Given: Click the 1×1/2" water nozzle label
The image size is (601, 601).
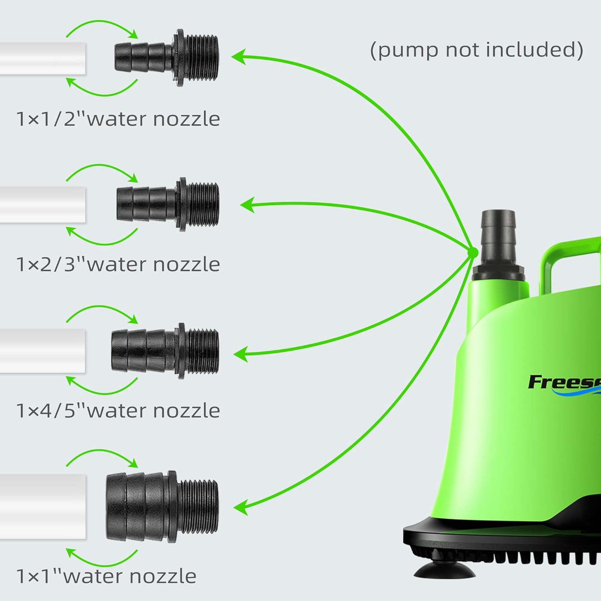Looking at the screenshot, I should [118, 119].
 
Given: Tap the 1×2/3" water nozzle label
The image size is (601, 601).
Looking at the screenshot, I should [118, 264].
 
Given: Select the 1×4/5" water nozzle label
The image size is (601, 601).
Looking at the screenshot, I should [118, 411].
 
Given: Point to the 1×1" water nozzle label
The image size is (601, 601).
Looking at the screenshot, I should [107, 576].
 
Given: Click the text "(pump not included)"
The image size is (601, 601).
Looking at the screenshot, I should [476, 50].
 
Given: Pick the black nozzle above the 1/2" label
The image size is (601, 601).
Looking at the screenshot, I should [166, 58].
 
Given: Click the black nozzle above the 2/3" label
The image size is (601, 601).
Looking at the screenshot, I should [167, 204].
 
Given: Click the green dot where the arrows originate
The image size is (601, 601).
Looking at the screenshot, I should [473, 252].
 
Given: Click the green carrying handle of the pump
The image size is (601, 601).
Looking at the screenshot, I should [569, 256].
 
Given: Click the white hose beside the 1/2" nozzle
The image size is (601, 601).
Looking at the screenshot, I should [42, 58].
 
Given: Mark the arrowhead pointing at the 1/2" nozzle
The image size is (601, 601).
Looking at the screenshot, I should [238, 57].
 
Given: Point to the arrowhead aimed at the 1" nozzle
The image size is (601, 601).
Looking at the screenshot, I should [240, 507].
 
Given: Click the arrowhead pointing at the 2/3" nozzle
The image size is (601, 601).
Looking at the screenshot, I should [247, 205].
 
